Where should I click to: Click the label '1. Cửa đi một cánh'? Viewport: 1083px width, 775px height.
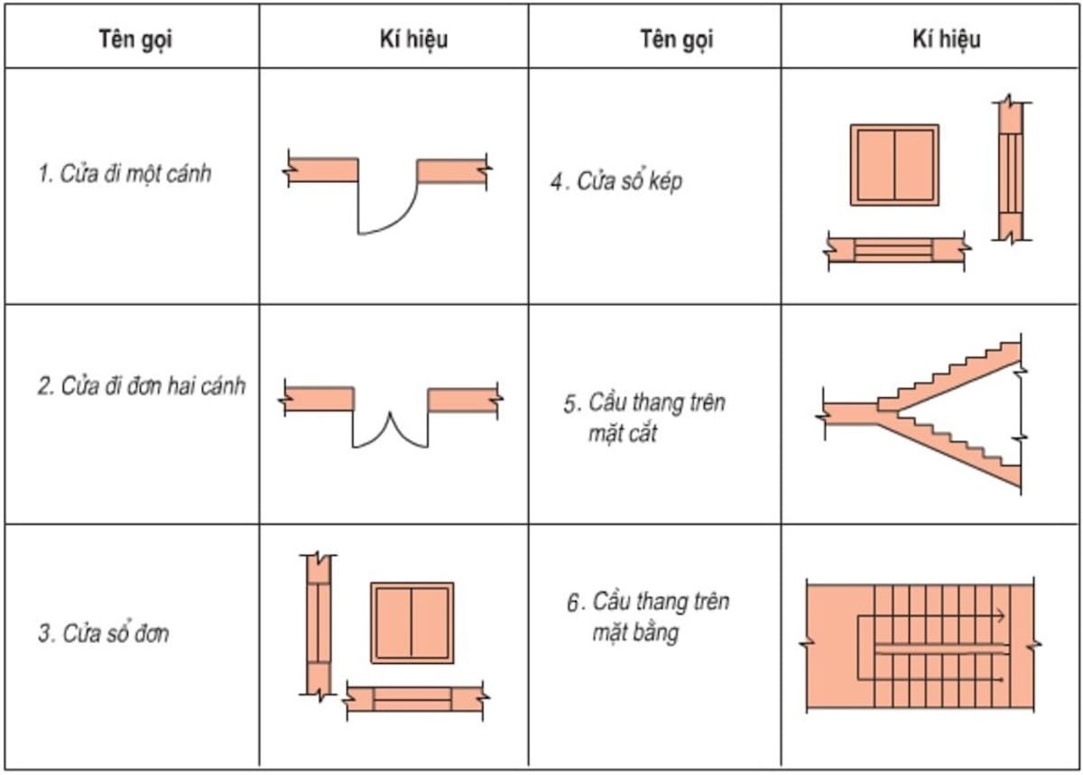coord(125,173)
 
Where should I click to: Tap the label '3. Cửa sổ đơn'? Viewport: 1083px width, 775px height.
coord(103,633)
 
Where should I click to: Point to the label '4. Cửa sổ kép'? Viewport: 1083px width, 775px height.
coord(616,181)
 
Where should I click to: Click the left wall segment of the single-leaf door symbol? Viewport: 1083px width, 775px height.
coord(323,171)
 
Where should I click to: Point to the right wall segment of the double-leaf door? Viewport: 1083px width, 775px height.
coord(462,399)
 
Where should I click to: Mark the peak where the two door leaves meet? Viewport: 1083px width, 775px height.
coord(390,414)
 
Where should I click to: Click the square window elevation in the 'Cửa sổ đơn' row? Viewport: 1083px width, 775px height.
coord(412,622)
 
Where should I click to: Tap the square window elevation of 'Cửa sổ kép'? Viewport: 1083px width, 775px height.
coord(893,165)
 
